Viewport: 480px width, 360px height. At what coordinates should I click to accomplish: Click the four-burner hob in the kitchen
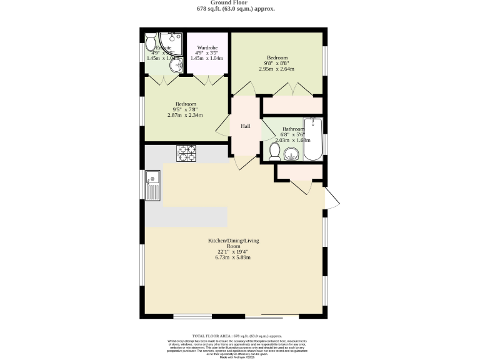187,150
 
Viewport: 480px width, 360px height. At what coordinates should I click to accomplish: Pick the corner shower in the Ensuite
169,42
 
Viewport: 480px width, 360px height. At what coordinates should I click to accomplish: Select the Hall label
246,126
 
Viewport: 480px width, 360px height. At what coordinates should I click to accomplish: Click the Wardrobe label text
207,47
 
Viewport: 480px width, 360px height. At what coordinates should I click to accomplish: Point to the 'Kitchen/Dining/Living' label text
234,241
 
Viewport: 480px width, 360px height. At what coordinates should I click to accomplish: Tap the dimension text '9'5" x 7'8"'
186,109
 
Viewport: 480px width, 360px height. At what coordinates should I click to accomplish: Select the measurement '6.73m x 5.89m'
234,257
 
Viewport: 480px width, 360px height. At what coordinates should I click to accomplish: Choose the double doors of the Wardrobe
207,81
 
